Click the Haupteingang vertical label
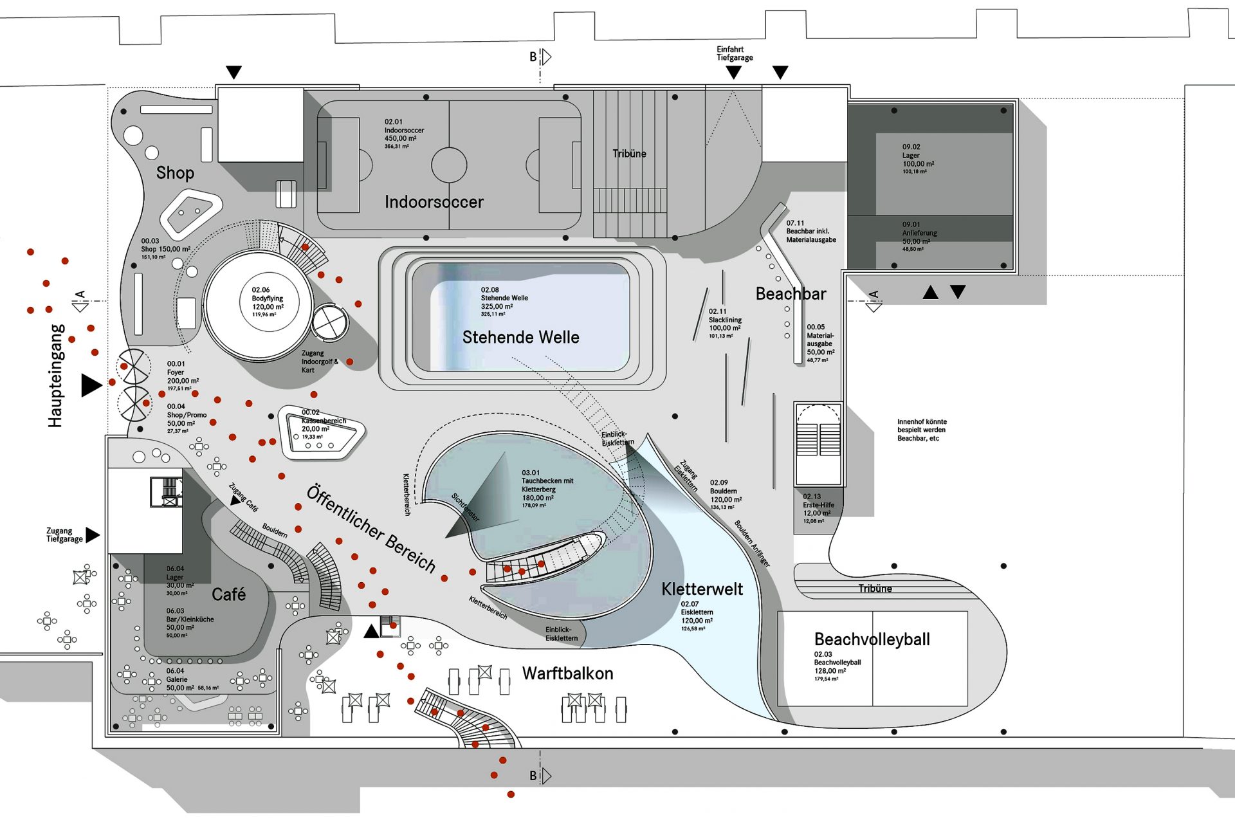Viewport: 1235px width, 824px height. pyautogui.click(x=56, y=376)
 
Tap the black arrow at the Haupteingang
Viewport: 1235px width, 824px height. pyautogui.click(x=91, y=385)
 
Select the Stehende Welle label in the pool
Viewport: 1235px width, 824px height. pyautogui.click(x=520, y=337)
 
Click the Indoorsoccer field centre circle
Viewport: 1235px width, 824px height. pyautogui.click(x=449, y=165)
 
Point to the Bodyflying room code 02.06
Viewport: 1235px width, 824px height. pyautogui.click(x=261, y=290)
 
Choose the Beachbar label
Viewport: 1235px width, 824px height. pyautogui.click(x=791, y=294)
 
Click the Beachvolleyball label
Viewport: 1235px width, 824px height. pyautogui.click(x=872, y=639)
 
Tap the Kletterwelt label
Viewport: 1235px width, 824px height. pyautogui.click(x=702, y=589)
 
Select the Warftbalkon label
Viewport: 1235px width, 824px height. pyautogui.click(x=567, y=673)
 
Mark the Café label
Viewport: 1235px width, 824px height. pyautogui.click(x=228, y=594)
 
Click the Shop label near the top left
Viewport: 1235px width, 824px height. pyautogui.click(x=175, y=173)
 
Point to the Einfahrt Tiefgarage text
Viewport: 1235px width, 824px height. pyautogui.click(x=735, y=53)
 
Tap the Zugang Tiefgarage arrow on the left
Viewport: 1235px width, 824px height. pyautogui.click(x=93, y=535)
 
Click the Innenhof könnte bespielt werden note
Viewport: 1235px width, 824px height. pyautogui.click(x=922, y=430)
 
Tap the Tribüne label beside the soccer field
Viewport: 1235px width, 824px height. pyautogui.click(x=629, y=154)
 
